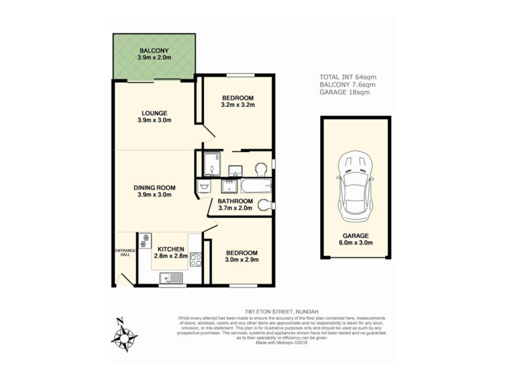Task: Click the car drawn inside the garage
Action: tap(356, 186)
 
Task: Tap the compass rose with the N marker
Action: tap(124, 337)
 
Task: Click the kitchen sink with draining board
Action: tap(171, 277)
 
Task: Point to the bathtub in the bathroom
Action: tap(256, 186)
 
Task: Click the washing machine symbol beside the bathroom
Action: tap(203, 186)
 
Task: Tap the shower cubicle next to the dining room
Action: tap(212, 165)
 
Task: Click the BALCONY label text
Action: tap(154, 51)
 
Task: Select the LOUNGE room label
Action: tap(155, 113)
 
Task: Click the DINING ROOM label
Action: tap(155, 187)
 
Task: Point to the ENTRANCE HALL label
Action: tap(125, 253)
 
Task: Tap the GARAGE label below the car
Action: tap(356, 236)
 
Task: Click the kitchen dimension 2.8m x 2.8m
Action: tap(171, 256)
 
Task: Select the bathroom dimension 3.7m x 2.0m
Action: tap(235, 208)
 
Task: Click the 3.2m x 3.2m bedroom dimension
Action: tap(238, 104)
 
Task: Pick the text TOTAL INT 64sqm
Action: tap(348, 77)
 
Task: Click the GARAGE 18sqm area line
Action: tap(345, 92)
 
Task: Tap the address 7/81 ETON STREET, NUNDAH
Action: tap(281, 312)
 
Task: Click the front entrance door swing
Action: tap(125, 280)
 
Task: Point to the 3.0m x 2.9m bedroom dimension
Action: tap(242, 260)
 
